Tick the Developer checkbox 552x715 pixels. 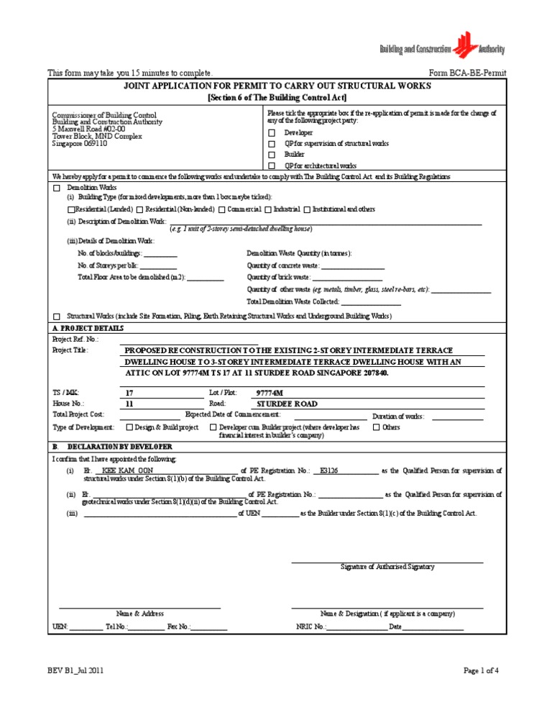point(272,133)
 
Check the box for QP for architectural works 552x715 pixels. point(272,166)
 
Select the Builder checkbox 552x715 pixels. point(272,155)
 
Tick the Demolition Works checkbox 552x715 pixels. point(57,187)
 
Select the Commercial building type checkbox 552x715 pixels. point(222,209)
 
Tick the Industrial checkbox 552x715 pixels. point(267,209)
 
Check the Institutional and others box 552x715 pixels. point(307,209)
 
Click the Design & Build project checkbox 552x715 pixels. point(129,427)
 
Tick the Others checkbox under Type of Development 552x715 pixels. point(376,427)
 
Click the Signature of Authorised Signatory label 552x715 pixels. point(387,567)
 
